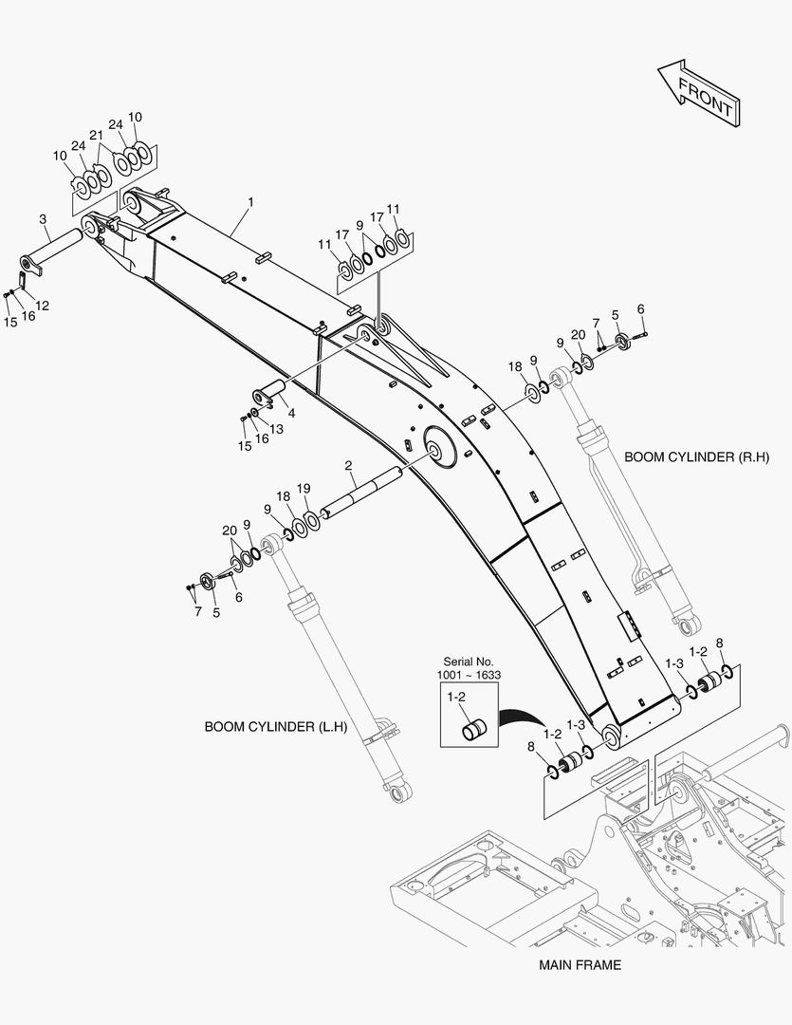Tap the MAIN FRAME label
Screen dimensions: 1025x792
point(580,965)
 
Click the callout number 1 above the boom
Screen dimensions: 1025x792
point(250,202)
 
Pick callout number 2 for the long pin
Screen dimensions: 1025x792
point(349,466)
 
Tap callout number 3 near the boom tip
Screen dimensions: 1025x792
point(44,219)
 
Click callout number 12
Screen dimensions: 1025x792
point(43,305)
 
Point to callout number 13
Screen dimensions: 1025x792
point(277,429)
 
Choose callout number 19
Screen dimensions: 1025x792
point(304,488)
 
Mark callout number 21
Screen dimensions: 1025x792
point(96,135)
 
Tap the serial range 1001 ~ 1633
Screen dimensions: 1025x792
point(469,675)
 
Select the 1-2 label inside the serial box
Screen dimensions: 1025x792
point(456,698)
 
